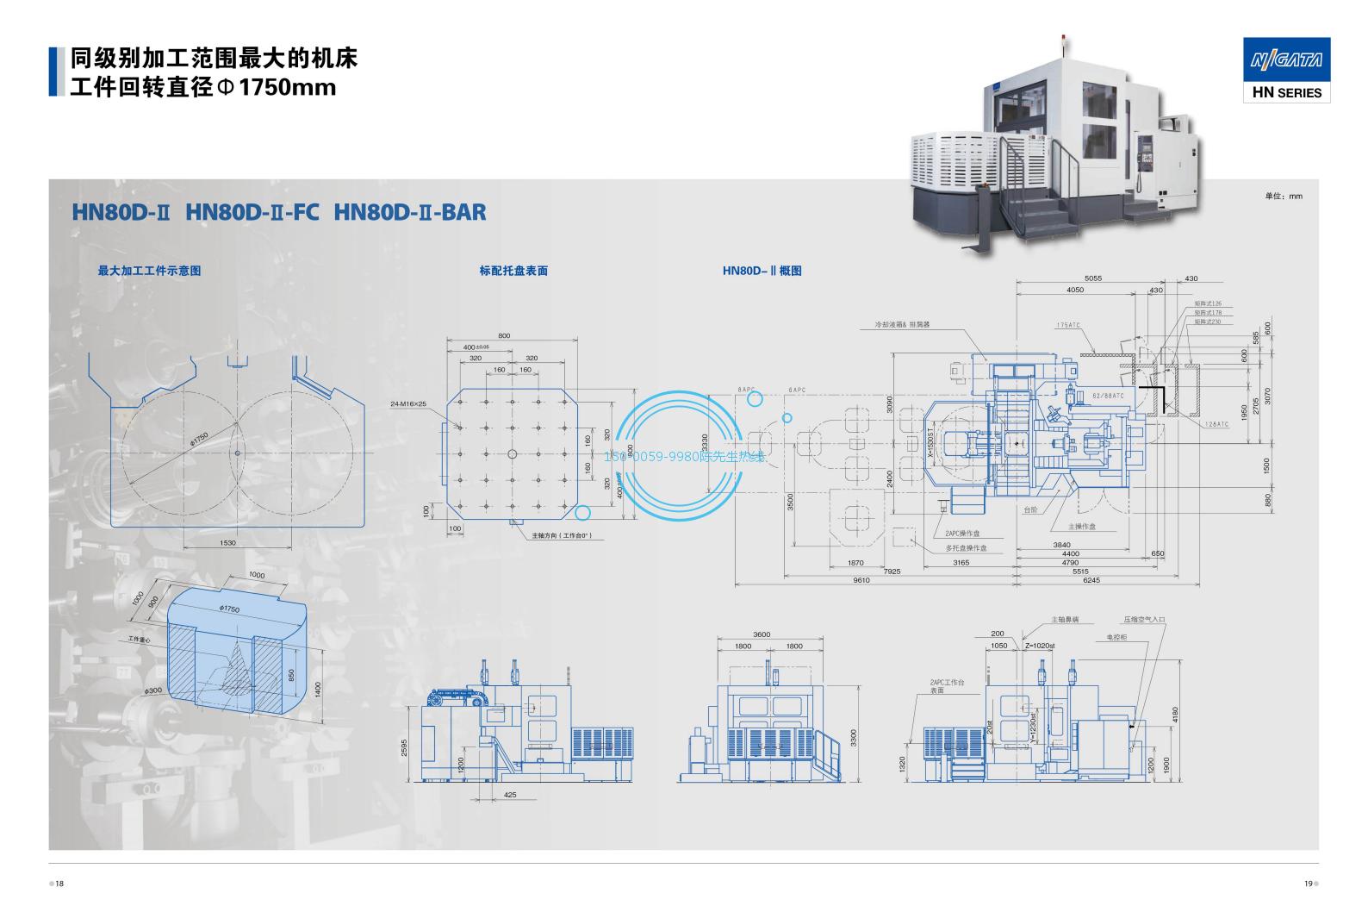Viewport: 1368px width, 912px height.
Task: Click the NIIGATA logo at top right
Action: click(x=1286, y=60)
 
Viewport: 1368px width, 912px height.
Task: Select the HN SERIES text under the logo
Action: click(x=1286, y=92)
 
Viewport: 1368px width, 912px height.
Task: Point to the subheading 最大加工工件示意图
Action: click(x=149, y=271)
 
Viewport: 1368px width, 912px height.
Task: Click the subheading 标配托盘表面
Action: click(x=513, y=271)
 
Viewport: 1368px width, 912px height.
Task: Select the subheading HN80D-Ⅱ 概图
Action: click(x=762, y=271)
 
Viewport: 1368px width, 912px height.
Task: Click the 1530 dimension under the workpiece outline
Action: click(x=227, y=542)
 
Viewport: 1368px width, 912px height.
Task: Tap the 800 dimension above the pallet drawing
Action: click(x=504, y=335)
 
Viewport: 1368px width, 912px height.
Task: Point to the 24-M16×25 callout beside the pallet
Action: click(x=408, y=403)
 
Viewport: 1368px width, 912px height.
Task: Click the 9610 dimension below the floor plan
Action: click(x=861, y=580)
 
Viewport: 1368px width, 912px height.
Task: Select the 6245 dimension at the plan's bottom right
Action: click(x=1091, y=580)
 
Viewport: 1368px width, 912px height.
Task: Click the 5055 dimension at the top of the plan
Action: click(x=1092, y=278)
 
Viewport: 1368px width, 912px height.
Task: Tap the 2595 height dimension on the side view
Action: click(x=404, y=746)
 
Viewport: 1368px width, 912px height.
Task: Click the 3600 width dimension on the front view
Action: click(x=762, y=634)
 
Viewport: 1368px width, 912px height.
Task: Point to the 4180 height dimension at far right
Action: click(x=1174, y=715)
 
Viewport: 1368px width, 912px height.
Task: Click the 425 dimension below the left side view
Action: click(x=510, y=795)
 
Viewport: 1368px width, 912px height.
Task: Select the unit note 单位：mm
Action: click(x=1284, y=197)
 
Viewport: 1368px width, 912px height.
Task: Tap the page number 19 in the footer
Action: click(x=1307, y=884)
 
